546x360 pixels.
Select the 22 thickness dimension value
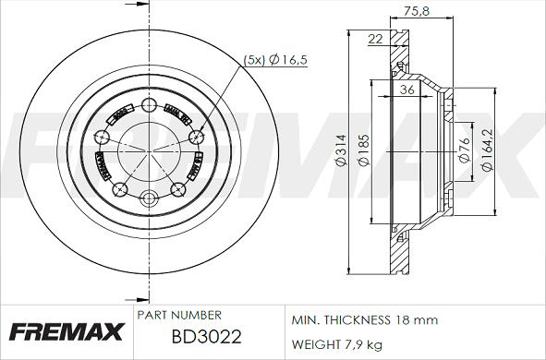coord(374,38)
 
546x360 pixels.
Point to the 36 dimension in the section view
coord(407,90)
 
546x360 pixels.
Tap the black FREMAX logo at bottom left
coord(63,329)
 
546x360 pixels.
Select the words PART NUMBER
coord(178,316)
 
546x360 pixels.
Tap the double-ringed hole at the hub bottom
coord(150,198)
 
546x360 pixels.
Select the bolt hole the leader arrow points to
coord(195,138)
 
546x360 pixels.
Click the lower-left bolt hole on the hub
coord(120,190)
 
